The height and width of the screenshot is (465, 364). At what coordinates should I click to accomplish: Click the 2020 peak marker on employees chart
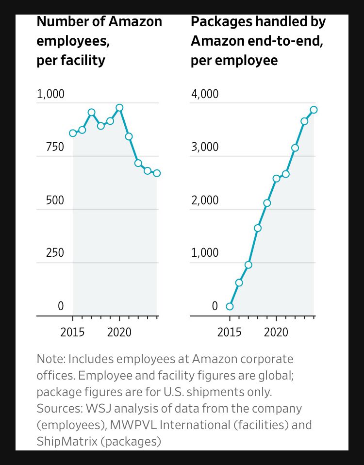click(119, 108)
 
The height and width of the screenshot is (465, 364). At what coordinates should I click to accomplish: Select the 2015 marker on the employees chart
click(73, 133)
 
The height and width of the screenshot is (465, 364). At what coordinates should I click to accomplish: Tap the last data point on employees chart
click(157, 173)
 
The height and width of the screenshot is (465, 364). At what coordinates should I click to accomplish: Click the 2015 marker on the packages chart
click(230, 306)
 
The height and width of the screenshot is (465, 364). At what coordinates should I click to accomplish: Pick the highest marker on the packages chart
click(314, 110)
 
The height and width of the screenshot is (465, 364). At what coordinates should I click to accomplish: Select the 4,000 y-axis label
click(204, 94)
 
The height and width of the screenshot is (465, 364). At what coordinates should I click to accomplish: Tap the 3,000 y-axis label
click(204, 147)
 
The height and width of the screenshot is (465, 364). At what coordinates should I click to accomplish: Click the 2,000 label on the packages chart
click(204, 200)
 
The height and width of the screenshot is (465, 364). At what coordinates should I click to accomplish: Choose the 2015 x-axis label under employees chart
click(73, 332)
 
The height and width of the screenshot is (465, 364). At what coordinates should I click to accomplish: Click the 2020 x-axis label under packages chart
click(276, 332)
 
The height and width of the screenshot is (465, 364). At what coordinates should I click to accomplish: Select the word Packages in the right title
click(215, 22)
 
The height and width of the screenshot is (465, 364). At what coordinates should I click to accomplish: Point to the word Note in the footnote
click(50, 359)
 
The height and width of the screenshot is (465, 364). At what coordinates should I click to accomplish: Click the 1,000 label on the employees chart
click(50, 94)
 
